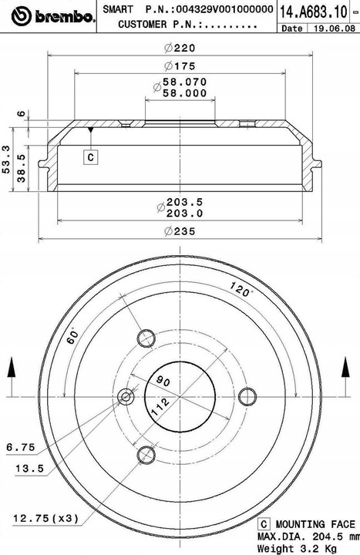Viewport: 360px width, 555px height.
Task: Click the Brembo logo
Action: coord(53,16)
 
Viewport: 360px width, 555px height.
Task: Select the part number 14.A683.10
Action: coord(314,12)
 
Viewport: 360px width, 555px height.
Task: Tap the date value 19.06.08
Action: coord(334,29)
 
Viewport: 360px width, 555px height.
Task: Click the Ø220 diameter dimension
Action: coord(180,48)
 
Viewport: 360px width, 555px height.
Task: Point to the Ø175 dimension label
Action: coord(180,66)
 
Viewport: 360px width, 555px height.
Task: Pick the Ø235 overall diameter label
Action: coord(180,231)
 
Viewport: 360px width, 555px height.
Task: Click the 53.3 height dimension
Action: coord(6,160)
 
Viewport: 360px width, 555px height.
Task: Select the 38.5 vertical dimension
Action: coord(22,168)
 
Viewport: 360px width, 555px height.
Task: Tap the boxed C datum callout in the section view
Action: coord(91,156)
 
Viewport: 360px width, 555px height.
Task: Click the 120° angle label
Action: coord(241,289)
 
